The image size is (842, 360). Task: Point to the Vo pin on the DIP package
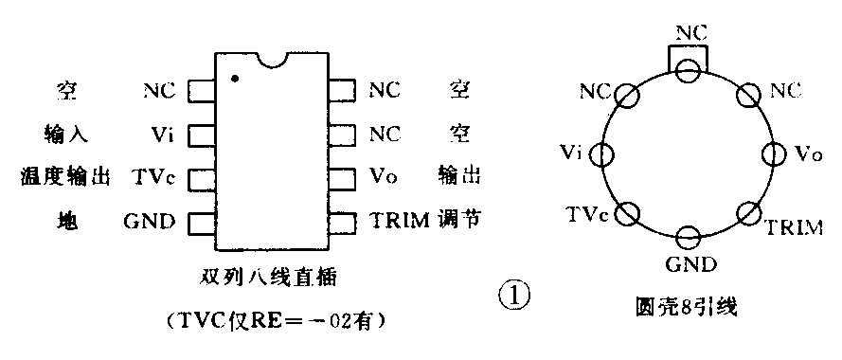click(x=343, y=177)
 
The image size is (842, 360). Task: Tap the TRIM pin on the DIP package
click(x=343, y=222)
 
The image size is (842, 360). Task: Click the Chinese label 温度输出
click(x=65, y=177)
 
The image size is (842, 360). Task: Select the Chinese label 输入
click(x=65, y=134)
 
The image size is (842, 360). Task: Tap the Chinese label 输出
click(x=460, y=177)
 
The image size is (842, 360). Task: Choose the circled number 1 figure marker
click(x=513, y=296)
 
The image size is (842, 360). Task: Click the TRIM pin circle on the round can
click(x=749, y=213)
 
